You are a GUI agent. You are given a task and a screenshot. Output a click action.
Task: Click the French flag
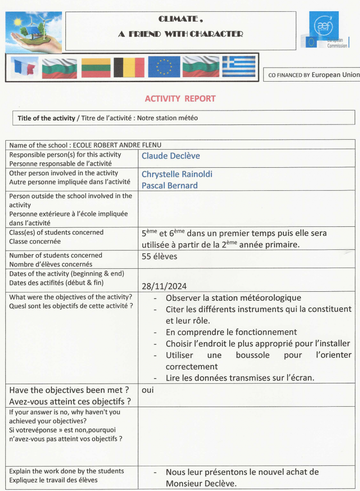pos(24,68)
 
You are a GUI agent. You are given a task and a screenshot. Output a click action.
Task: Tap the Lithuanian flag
pos(96,68)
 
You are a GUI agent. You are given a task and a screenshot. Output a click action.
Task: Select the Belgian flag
pos(129,68)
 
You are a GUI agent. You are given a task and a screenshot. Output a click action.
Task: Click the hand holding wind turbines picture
pos(33,32)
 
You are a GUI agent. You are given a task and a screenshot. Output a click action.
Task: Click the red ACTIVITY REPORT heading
pos(180,99)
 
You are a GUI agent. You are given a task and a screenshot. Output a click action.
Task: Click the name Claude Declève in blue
pos(171,156)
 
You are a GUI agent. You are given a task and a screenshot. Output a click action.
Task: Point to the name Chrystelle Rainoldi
pos(177,174)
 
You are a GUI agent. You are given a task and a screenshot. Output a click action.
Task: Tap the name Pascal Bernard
pos(169,185)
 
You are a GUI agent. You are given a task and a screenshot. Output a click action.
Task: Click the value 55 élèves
pos(159,257)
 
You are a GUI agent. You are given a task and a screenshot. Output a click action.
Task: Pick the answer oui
pos(147,390)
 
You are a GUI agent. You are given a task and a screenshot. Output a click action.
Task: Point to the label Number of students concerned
pos(55,256)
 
